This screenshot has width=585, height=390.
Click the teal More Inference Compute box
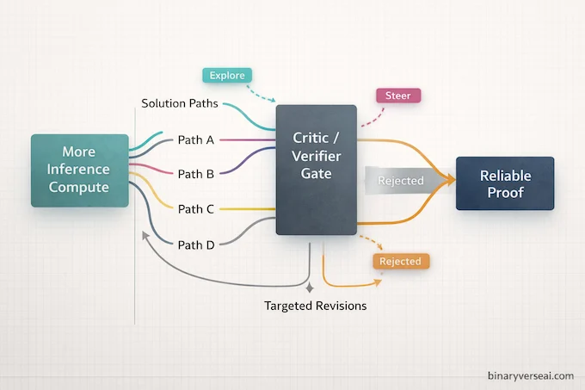79,170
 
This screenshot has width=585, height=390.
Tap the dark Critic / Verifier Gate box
316,170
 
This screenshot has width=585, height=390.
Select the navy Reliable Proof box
505,183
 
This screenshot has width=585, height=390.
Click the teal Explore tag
227,76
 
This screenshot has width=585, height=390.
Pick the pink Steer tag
398,96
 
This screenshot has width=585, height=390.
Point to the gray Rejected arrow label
401,181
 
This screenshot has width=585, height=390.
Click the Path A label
195,139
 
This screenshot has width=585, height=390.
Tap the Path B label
195,174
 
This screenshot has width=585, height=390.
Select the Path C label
195,209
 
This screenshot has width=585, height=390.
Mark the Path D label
195,245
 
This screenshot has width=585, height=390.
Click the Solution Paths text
179,104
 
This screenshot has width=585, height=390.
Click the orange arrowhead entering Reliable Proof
448,180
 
